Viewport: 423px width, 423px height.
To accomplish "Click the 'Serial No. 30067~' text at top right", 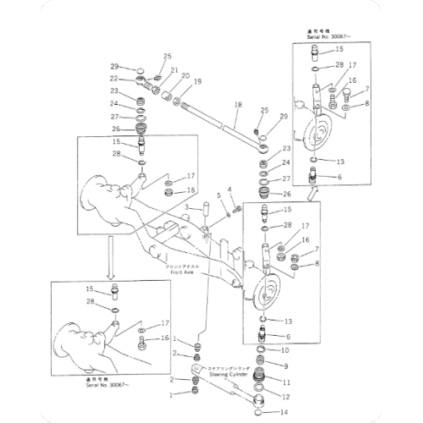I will [327, 37].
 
